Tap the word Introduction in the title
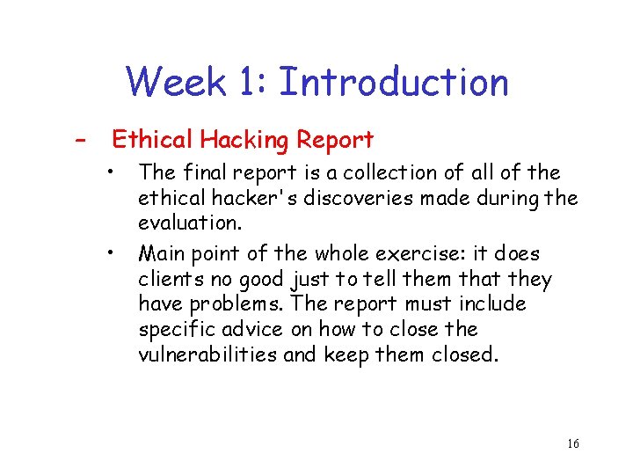(x=393, y=83)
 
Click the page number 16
(x=572, y=443)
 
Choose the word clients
(x=170, y=280)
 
